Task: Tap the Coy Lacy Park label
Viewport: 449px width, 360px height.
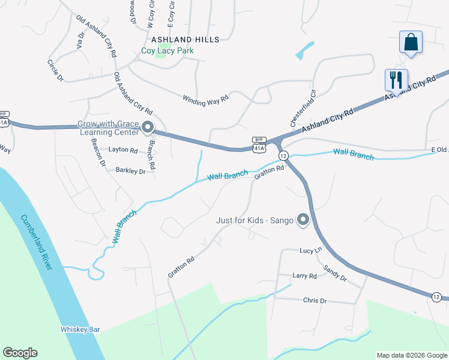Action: tap(167, 51)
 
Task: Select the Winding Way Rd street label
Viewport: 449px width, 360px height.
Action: tap(206, 98)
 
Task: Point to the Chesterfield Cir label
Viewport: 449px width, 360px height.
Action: tap(303, 109)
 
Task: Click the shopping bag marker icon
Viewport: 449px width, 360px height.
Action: tap(411, 43)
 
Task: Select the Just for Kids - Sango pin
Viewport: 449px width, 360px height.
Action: tap(303, 220)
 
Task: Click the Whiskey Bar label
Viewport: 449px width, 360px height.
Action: tap(80, 329)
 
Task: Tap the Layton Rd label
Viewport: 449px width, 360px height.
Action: tap(123, 150)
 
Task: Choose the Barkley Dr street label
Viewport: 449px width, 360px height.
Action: tap(130, 171)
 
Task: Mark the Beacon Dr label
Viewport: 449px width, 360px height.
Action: tap(98, 152)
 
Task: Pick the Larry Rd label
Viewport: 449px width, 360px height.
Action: tap(304, 276)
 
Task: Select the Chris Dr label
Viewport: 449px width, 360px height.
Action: tap(315, 300)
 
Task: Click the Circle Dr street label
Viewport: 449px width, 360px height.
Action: tap(55, 70)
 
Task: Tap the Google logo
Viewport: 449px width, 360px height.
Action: tap(20, 353)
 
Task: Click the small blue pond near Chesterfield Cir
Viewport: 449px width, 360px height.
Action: tap(304, 51)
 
